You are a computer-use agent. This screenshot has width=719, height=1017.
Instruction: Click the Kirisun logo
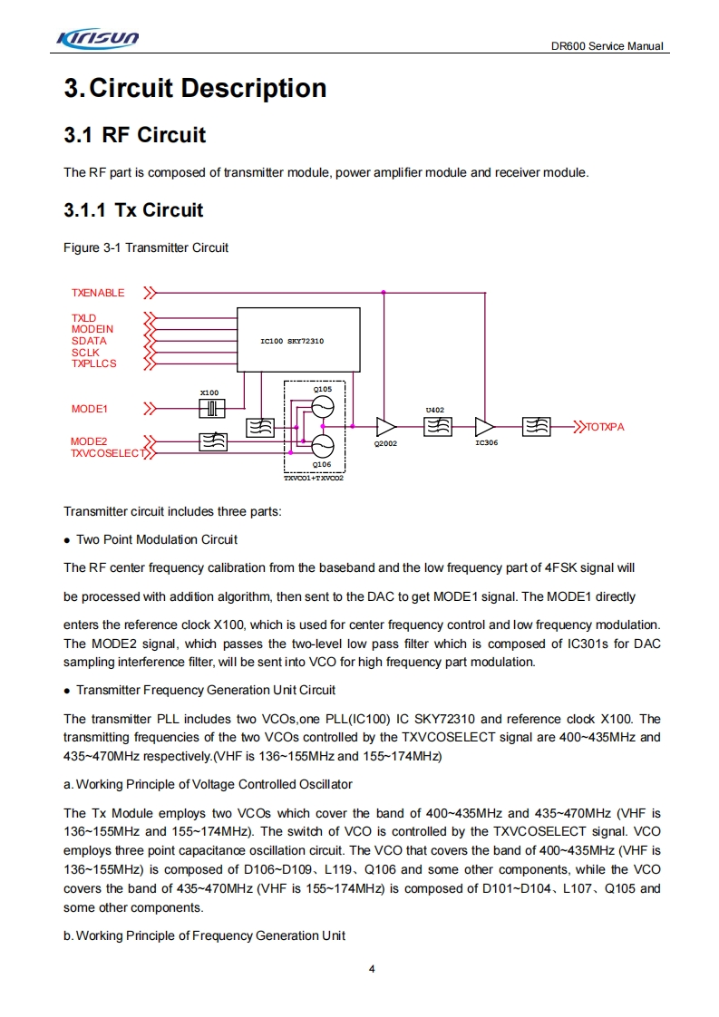click(98, 38)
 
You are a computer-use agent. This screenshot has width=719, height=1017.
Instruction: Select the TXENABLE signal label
click(98, 293)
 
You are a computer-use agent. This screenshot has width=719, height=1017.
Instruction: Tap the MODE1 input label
click(90, 409)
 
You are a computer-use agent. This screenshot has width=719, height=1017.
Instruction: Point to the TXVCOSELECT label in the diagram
click(107, 452)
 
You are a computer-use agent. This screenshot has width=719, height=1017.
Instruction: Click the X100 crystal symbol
click(211, 409)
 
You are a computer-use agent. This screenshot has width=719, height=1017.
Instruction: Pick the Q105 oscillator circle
click(322, 406)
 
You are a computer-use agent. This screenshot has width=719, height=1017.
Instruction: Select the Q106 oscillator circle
click(322, 446)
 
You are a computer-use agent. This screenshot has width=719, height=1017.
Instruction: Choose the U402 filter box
click(437, 426)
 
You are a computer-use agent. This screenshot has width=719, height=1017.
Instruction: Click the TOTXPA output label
click(605, 426)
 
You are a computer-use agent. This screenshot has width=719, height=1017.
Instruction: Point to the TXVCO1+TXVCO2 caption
click(314, 477)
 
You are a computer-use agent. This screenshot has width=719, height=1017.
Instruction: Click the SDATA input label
click(89, 341)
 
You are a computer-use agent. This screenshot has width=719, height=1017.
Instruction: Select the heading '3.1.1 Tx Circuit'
click(133, 210)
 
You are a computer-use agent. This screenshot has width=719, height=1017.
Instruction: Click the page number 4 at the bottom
click(372, 968)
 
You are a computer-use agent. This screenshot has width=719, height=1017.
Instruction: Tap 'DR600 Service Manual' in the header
click(607, 46)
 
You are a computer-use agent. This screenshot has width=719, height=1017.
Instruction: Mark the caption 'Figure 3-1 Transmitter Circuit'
click(146, 247)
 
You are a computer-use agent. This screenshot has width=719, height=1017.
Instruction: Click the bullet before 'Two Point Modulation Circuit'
click(67, 540)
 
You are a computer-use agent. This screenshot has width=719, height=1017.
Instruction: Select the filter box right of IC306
click(536, 426)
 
